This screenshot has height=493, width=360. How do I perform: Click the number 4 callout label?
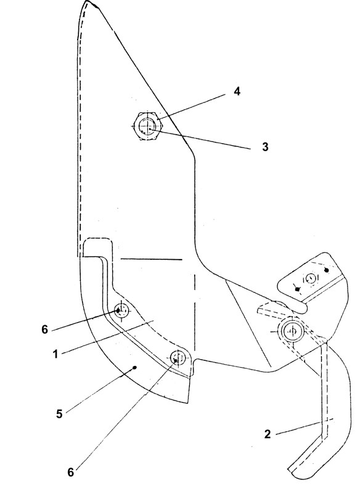click(237, 91)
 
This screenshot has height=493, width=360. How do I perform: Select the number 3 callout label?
click(266, 147)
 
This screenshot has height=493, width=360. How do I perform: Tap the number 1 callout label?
click(55, 354)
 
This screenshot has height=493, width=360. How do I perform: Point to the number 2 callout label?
click(268, 434)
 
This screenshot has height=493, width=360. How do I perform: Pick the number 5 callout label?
click(59, 414)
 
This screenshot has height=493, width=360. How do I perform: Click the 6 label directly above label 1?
click(44, 329)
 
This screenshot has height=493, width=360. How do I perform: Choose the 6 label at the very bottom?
click(71, 472)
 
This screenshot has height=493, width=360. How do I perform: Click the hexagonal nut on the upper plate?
click(147, 126)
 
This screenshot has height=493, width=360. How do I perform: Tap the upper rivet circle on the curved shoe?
click(121, 310)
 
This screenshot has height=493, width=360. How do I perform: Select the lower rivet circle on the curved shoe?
click(178, 357)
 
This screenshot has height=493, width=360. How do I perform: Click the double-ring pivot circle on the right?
click(292, 331)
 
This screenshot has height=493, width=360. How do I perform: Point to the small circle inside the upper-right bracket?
click(310, 278)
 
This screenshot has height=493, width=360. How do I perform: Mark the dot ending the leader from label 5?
click(135, 367)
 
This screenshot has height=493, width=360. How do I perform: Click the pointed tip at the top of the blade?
click(87, 1)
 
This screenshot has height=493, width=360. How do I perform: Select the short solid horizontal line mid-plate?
click(151, 259)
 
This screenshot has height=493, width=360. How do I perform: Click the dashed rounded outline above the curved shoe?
click(97, 238)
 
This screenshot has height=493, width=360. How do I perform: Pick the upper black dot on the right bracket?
click(327, 270)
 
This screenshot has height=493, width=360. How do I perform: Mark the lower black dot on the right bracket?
click(298, 289)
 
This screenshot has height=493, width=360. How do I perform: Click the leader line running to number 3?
click(201, 139)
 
